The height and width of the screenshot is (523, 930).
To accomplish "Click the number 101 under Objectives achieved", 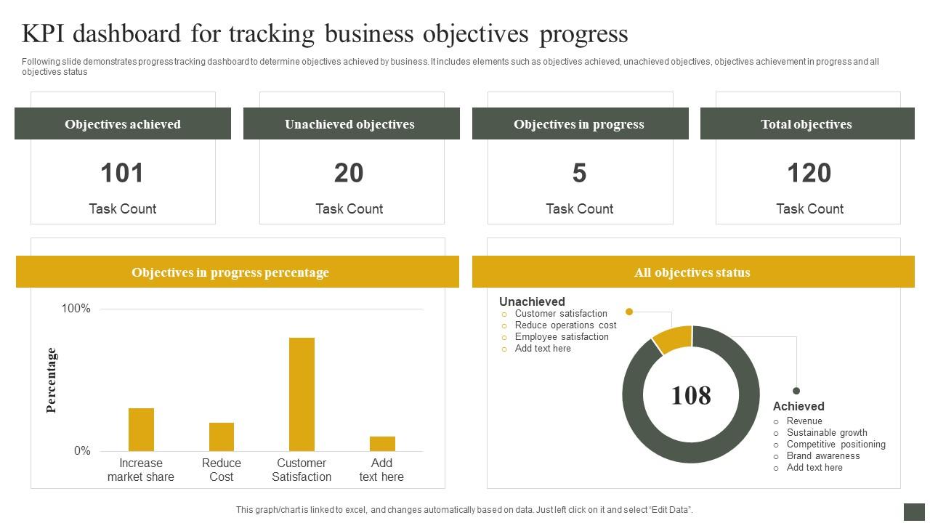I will (x=122, y=173).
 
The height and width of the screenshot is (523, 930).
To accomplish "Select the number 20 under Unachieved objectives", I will (x=349, y=173).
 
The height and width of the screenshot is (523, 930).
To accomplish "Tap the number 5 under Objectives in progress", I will (x=579, y=173).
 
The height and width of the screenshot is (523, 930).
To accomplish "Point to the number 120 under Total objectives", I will (x=809, y=173).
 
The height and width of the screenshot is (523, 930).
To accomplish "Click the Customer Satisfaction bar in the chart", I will (x=302, y=394).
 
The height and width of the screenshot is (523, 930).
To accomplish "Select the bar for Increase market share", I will (x=141, y=429).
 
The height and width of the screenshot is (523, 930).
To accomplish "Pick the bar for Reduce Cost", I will (x=222, y=437).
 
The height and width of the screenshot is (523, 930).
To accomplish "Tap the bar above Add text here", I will (x=382, y=443).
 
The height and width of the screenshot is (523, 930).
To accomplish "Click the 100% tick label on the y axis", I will (x=76, y=309).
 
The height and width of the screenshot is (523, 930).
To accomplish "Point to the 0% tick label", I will (x=82, y=451).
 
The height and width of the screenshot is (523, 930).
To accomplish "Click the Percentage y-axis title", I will (x=52, y=380).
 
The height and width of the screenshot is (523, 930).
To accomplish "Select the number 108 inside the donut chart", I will (x=690, y=395).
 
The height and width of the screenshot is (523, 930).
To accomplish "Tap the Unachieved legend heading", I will (x=532, y=301).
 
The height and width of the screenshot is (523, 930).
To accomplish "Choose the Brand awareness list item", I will (x=822, y=456).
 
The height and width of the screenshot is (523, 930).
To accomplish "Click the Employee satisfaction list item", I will (x=561, y=337).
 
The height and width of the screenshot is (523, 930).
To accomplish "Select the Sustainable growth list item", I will (x=826, y=433).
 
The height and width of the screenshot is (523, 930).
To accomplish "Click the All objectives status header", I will (x=692, y=272).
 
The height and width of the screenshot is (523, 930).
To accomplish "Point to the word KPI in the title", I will (x=47, y=34).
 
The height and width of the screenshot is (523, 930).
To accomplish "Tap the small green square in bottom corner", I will (x=914, y=511).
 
